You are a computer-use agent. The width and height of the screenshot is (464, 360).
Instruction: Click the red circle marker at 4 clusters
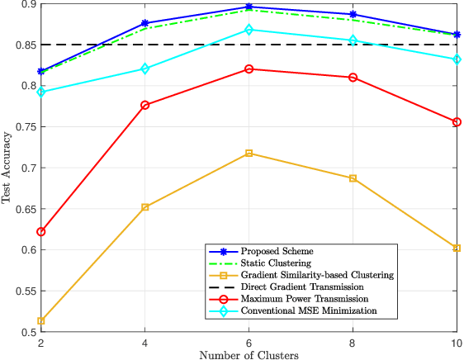tap(145, 105)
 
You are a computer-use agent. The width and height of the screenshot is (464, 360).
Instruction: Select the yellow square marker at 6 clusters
tap(249, 154)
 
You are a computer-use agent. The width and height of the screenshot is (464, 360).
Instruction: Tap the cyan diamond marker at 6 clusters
tap(249, 30)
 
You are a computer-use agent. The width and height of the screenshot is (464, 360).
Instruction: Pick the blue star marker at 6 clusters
tap(249, 7)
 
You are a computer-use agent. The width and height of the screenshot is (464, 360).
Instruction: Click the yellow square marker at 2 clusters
tap(41, 321)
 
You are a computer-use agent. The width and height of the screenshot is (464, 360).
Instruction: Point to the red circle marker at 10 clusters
tap(457, 122)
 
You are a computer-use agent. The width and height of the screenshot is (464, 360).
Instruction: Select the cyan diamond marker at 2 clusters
tap(41, 92)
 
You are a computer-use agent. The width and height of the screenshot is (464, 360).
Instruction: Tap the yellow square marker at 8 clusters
tap(353, 178)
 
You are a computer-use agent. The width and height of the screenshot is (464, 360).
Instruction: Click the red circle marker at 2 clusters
tap(41, 232)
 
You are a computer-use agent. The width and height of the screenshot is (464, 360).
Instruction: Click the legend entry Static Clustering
tap(272, 263)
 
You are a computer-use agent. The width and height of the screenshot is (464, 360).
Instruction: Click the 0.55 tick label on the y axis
tap(26, 291)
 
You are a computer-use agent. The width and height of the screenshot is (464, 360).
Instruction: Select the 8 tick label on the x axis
tap(353, 342)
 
